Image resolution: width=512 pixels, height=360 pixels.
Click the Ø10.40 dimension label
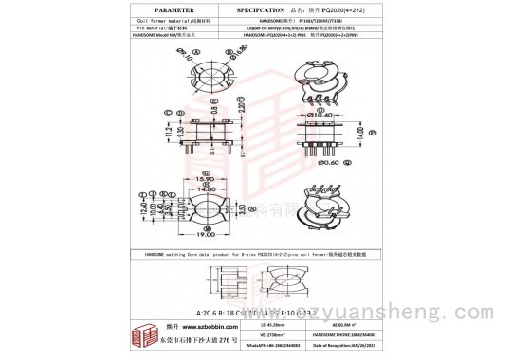tap(322, 115)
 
